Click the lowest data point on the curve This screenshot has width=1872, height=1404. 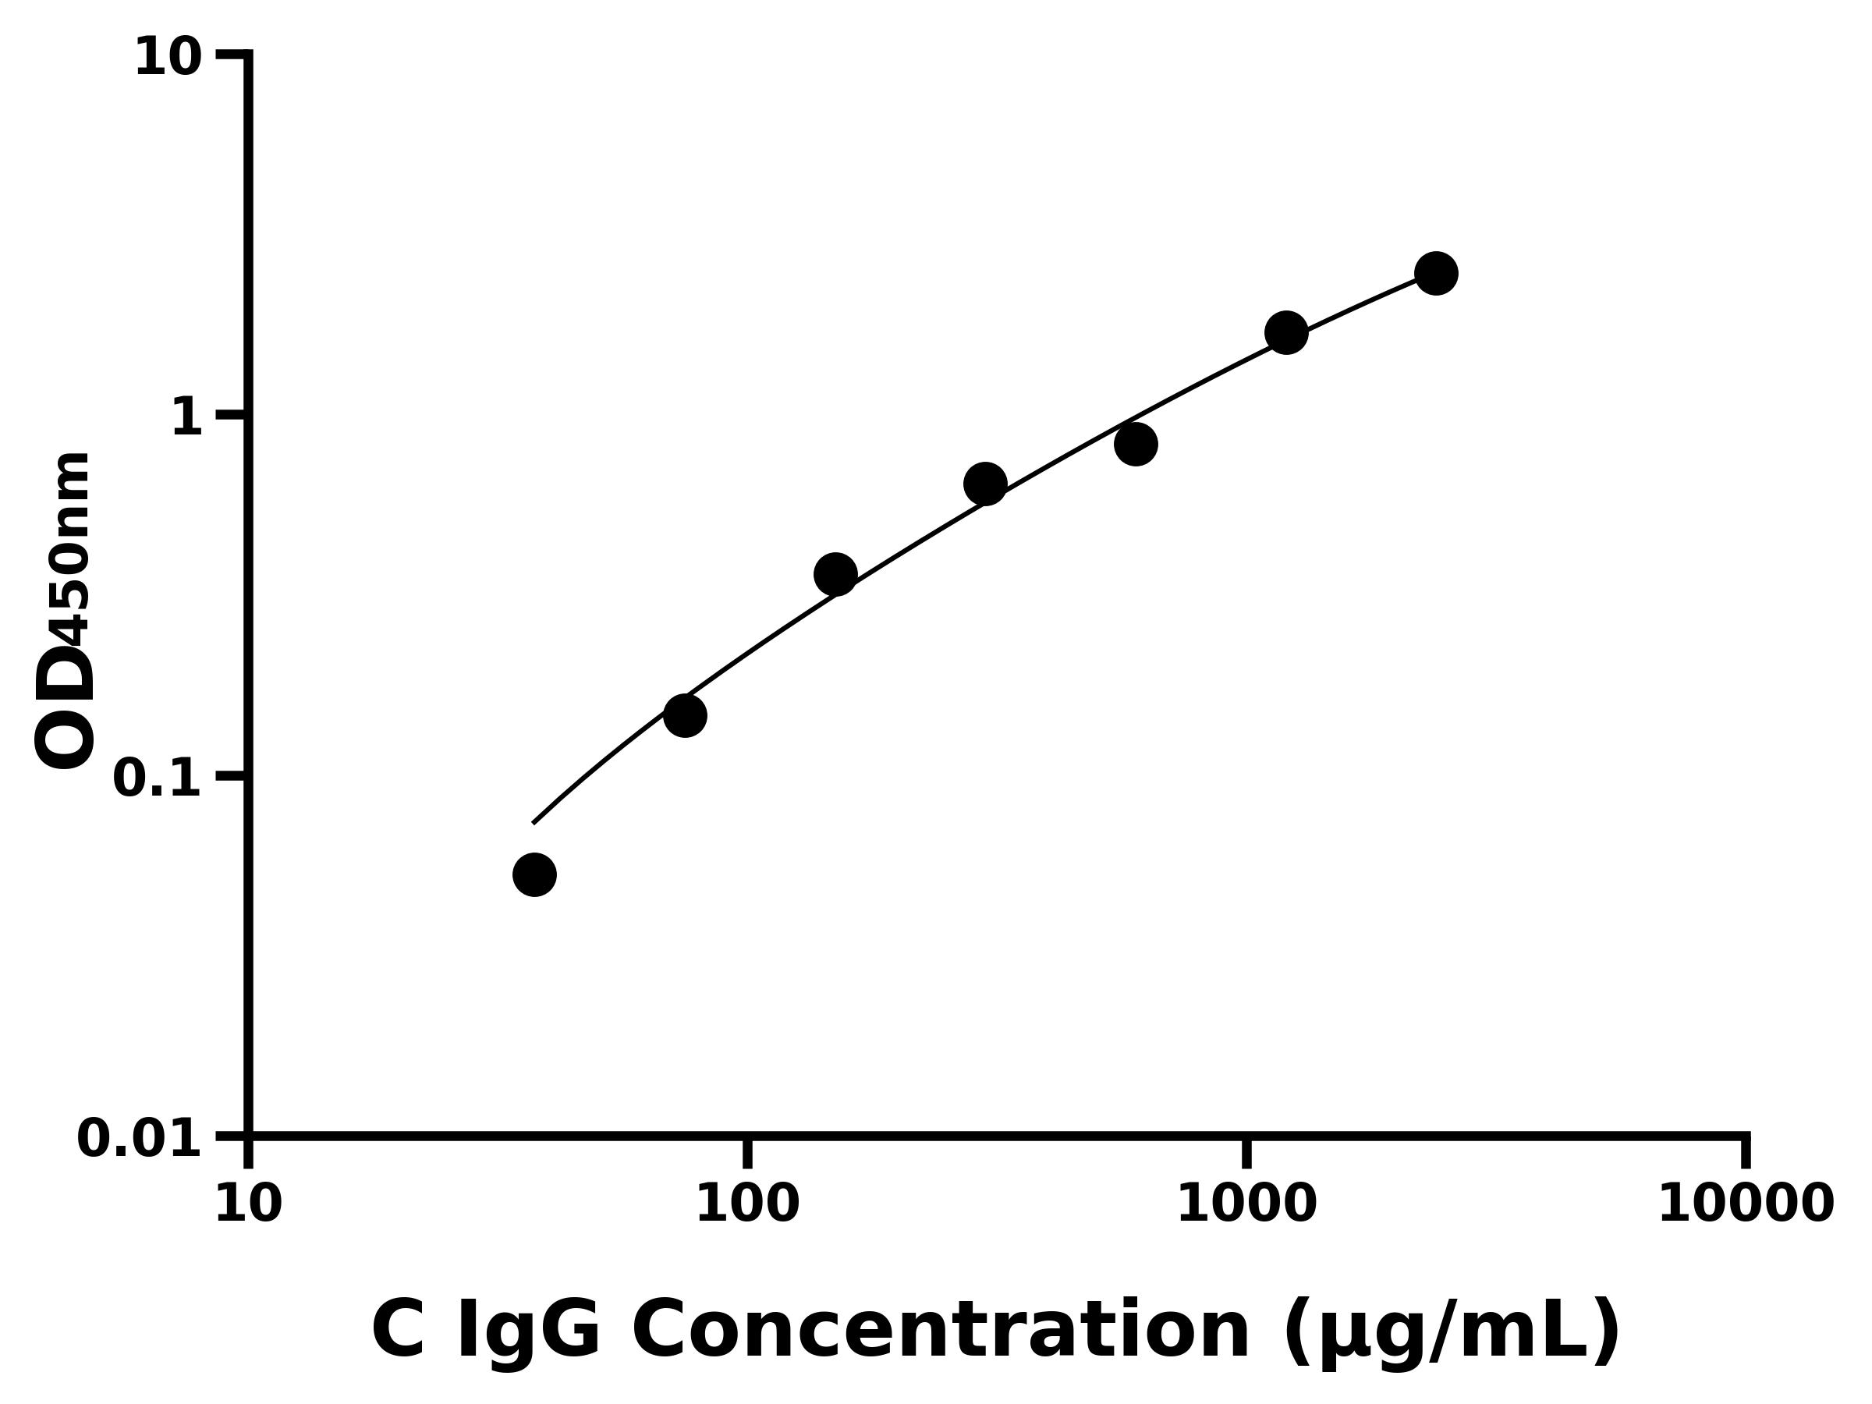534,874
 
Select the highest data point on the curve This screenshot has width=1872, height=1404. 1436,273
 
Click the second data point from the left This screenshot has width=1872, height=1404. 685,716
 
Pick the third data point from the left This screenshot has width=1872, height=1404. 835,575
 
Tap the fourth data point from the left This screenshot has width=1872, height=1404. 985,484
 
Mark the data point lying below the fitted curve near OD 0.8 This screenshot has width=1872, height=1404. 1136,445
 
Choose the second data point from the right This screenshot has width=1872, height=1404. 1286,332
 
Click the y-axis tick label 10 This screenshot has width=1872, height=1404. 168,58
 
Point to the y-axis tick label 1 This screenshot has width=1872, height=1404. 187,418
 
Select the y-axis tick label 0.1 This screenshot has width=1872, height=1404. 158,778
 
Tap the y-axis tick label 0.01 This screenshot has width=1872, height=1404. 140,1139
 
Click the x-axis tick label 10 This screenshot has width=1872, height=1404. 248,1204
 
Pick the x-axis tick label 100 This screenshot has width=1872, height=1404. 747,1204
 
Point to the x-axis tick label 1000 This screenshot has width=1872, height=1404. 1246,1204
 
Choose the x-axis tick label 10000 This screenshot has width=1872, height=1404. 1746,1204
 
